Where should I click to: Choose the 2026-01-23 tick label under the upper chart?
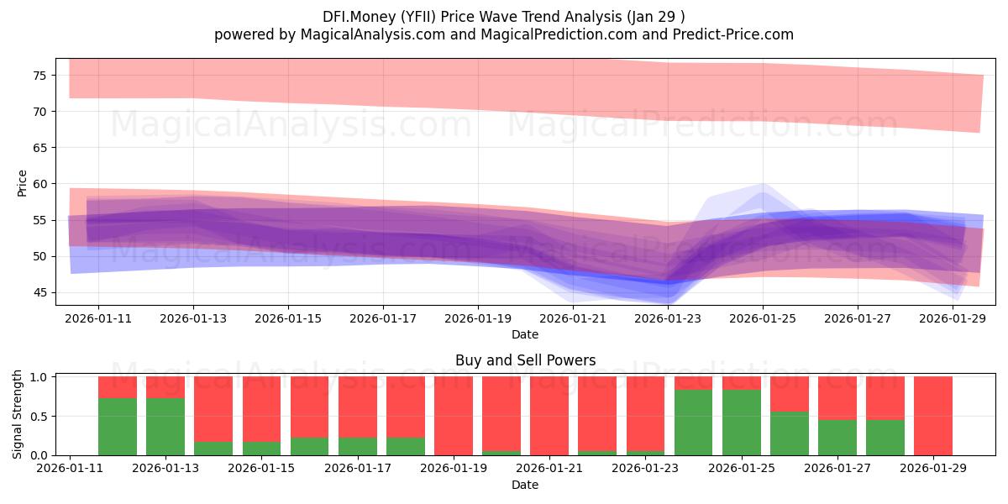(668, 318)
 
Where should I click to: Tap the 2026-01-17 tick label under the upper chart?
(383, 318)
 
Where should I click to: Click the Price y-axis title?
(22, 183)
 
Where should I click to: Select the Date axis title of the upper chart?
(525, 334)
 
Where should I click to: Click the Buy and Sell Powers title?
(525, 360)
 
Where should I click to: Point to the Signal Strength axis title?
(18, 415)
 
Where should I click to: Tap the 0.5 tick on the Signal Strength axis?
(39, 416)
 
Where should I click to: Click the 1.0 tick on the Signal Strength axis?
(39, 377)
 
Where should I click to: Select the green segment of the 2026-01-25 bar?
(742, 422)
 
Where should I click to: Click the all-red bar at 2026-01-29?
(933, 416)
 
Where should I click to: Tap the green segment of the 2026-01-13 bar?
(165, 427)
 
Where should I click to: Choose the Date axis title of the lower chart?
(525, 485)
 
